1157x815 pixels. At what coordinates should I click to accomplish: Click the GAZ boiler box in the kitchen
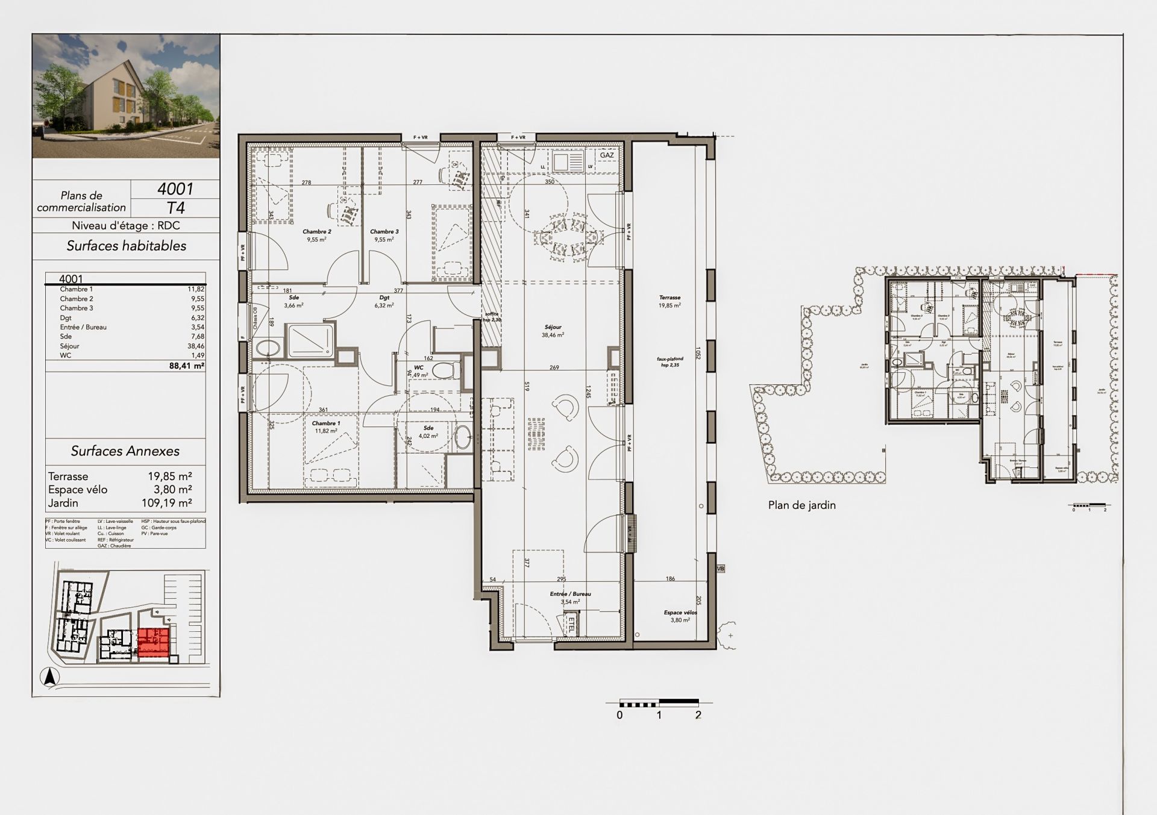[607, 155]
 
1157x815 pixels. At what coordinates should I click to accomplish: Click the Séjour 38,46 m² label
[553, 331]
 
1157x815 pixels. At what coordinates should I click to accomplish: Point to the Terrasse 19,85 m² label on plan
[669, 301]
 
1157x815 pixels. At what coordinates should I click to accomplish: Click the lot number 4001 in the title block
[175, 189]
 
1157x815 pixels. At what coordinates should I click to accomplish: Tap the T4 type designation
[175, 208]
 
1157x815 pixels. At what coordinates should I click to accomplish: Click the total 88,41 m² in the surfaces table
[190, 365]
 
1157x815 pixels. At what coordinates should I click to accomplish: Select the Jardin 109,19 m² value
[170, 503]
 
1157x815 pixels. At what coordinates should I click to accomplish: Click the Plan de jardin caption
[801, 505]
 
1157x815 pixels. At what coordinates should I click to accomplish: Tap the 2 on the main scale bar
[698, 715]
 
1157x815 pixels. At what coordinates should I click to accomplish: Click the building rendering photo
[126, 96]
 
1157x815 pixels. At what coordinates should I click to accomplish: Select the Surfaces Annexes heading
[125, 451]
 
